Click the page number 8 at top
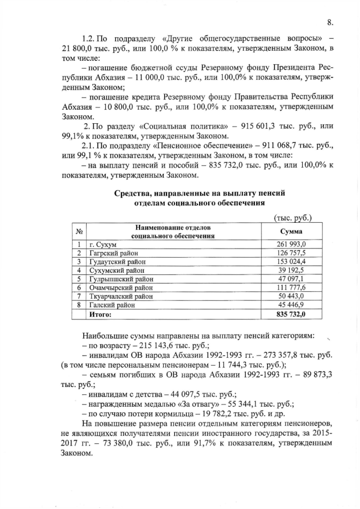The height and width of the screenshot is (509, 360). coord(330,22)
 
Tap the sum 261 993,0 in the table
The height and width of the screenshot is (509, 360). coord(290,244)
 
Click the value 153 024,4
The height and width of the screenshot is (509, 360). coord(290,262)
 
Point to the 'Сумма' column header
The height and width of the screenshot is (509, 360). coord(291,231)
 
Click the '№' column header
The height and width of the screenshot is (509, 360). coord(79,231)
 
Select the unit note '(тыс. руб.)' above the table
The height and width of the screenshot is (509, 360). coord(292,217)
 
